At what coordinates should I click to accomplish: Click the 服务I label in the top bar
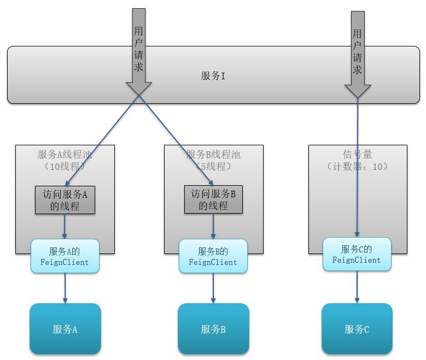coord(213,76)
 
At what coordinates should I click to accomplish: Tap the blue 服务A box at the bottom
coord(65,329)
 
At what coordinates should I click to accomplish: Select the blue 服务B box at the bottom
coord(213,329)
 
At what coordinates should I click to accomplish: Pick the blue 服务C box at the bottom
coord(357,329)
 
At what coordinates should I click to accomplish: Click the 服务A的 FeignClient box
coord(65,256)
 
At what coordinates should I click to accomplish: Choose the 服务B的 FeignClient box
coord(213,256)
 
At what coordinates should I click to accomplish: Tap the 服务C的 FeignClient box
coord(357,254)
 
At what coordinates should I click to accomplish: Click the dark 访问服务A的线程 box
coord(65,200)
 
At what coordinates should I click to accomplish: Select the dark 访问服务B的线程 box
coord(213,200)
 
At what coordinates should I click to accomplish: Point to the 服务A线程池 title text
coord(65,155)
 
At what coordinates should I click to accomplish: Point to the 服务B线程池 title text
coord(213,155)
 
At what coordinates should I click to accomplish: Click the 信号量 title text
coord(357,155)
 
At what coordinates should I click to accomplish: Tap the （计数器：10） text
coord(357,166)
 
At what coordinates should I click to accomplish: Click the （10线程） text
coord(65,167)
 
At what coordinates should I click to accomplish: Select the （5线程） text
coord(213,167)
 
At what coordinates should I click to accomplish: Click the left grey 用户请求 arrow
coord(139,52)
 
